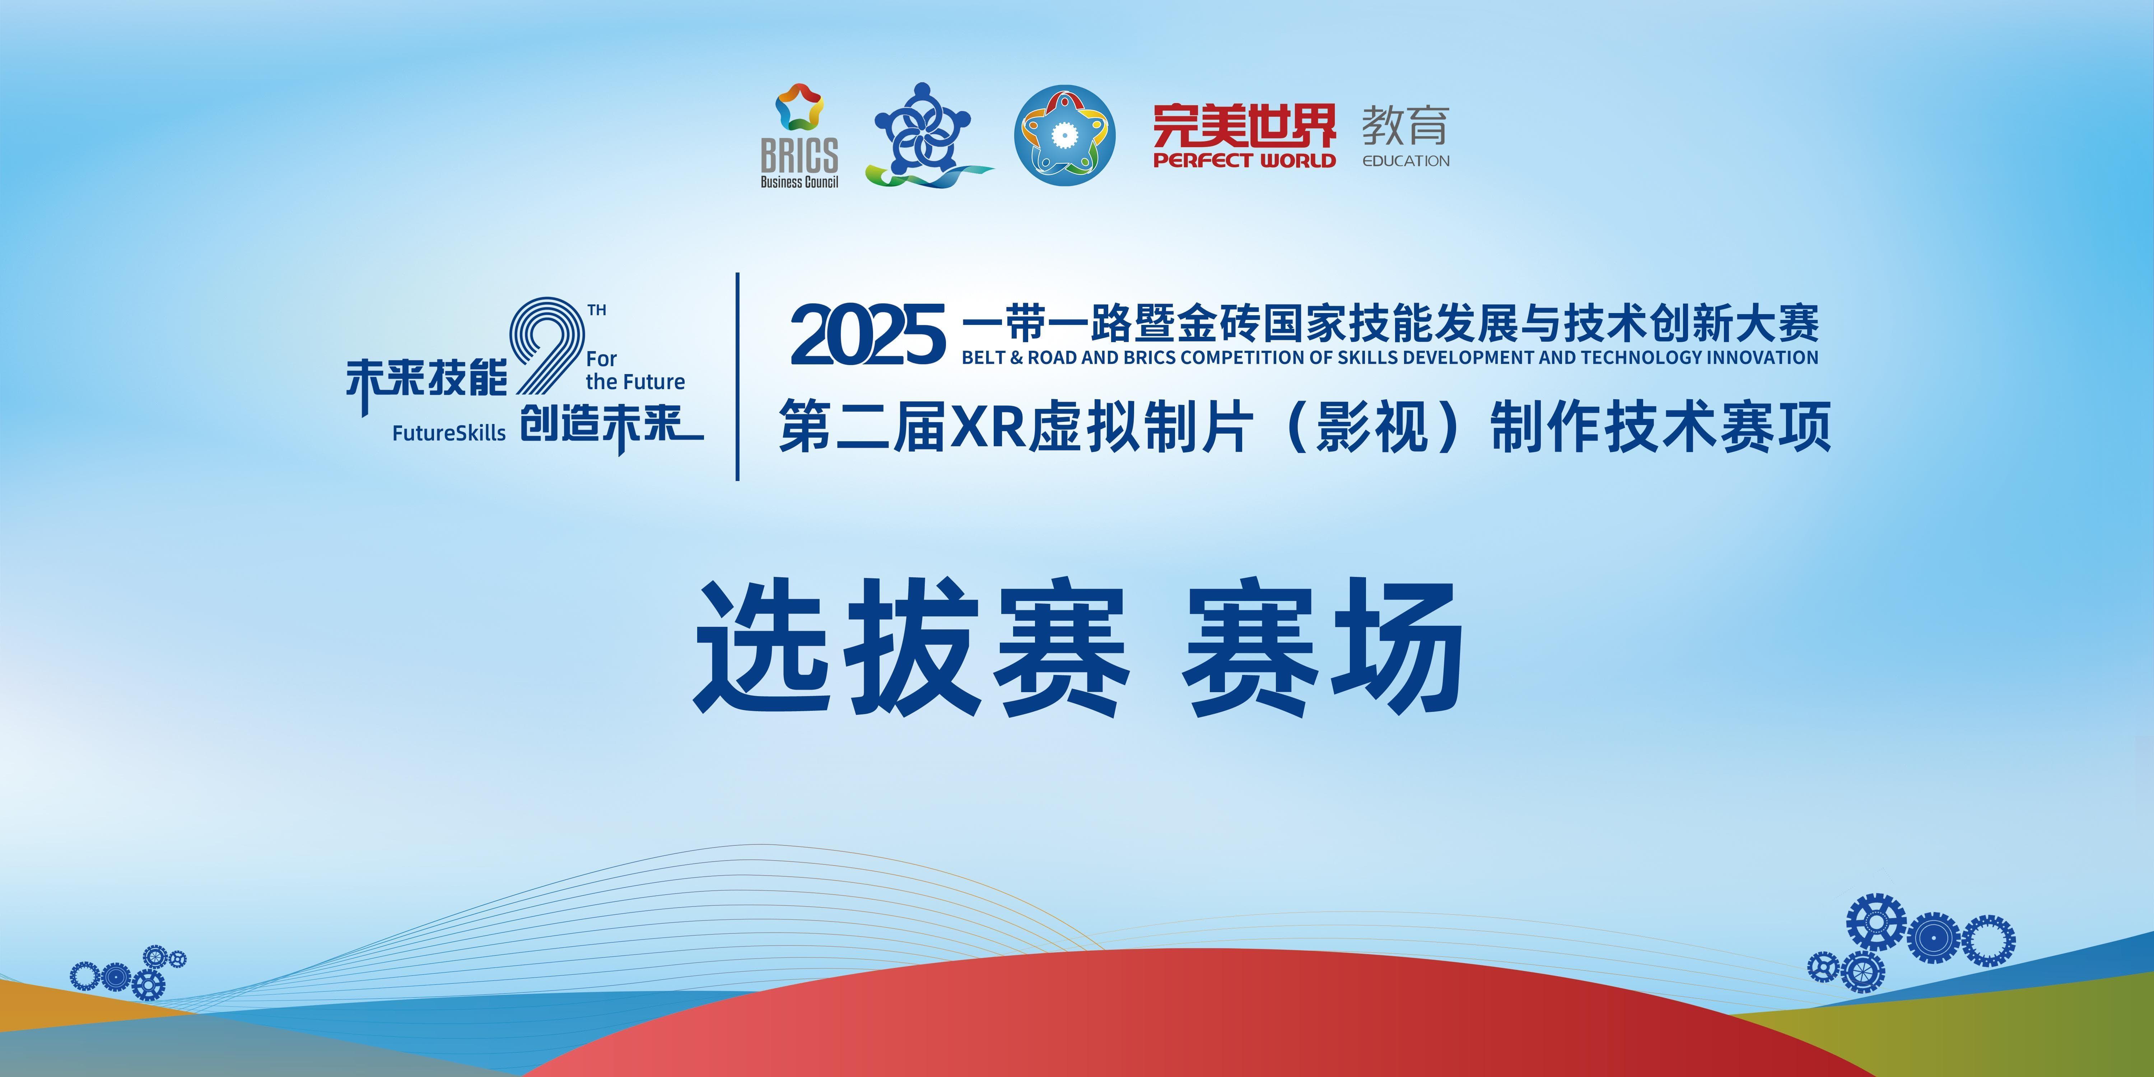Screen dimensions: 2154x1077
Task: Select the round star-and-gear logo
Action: pos(1064,135)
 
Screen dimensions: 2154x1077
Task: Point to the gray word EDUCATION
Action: pos(1405,160)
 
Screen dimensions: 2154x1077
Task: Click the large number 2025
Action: pos(868,335)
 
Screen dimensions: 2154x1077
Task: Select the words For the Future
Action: pos(635,370)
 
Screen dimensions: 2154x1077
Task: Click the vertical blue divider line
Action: pos(737,376)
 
